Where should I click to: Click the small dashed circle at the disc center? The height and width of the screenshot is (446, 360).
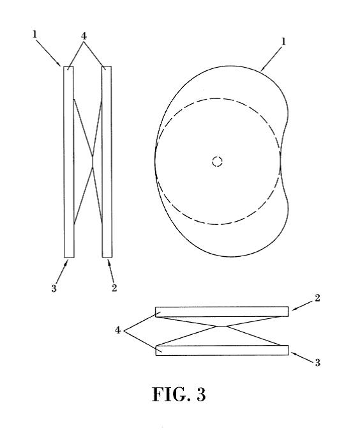[217, 161]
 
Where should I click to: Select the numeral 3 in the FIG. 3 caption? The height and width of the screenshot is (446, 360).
[201, 394]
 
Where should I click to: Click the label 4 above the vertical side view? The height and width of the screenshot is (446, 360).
[84, 36]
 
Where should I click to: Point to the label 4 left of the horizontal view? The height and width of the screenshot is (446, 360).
[118, 330]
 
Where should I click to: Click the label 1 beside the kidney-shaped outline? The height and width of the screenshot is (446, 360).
[283, 42]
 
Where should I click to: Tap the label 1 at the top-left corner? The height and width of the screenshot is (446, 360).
[34, 35]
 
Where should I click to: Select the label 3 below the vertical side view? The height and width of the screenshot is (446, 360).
[54, 288]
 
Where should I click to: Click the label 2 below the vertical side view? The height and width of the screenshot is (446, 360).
[114, 288]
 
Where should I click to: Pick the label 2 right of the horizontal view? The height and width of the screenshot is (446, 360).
[317, 298]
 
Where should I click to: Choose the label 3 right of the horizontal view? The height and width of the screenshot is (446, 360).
[317, 362]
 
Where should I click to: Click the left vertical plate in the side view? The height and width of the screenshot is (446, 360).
[69, 162]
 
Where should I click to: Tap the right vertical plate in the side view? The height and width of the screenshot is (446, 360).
[107, 162]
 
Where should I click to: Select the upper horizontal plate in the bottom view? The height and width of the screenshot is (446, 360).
[222, 312]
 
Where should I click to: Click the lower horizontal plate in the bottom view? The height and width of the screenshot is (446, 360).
[223, 350]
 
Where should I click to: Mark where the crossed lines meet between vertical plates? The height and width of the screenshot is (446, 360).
[93, 162]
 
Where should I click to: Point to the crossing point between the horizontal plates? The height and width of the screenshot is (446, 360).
[223, 327]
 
